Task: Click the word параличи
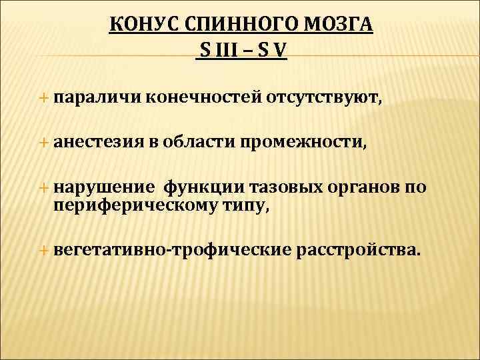tap(95, 99)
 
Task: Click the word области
tap(205, 141)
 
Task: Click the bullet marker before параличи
tap(45, 99)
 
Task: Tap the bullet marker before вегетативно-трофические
tap(45, 250)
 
